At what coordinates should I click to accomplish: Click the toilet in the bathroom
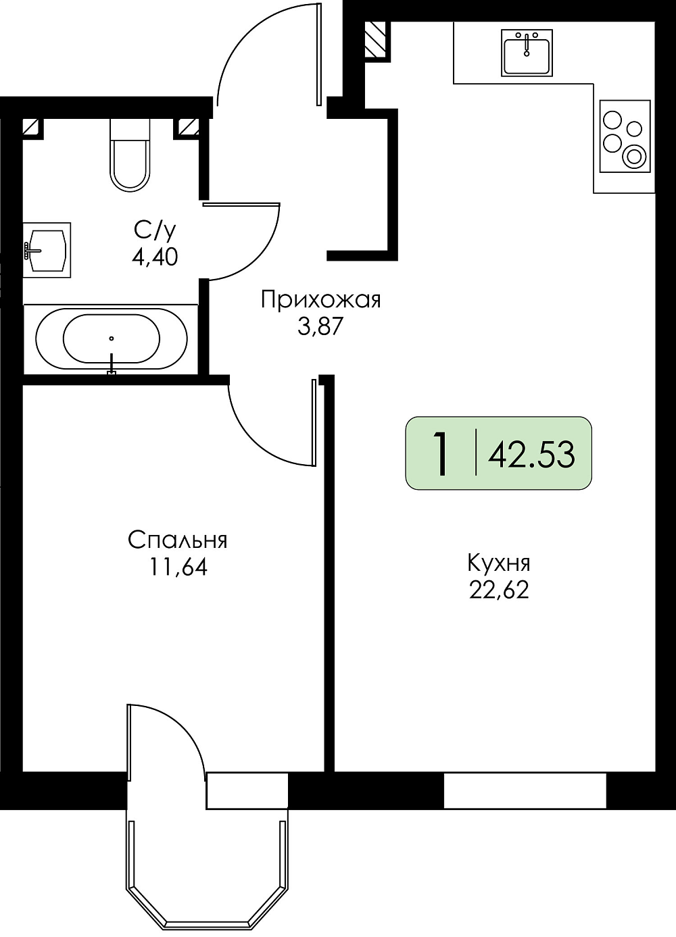[130, 155]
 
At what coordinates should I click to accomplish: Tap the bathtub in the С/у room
[112, 339]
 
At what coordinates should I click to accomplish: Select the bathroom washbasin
[46, 250]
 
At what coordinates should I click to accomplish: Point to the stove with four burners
[625, 136]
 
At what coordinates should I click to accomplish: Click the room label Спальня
[178, 540]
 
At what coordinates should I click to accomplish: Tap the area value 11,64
[178, 567]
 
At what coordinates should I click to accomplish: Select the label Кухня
[499, 563]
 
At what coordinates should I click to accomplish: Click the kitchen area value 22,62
[499, 590]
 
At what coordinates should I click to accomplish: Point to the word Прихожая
[321, 301]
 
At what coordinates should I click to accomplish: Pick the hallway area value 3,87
[320, 327]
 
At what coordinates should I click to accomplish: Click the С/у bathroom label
[155, 231]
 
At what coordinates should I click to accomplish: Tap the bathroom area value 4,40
[155, 257]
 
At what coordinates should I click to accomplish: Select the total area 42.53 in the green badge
[531, 455]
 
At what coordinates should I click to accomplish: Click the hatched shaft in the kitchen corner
[375, 39]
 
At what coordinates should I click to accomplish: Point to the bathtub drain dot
[112, 338]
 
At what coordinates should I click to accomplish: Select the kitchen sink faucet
[527, 45]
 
